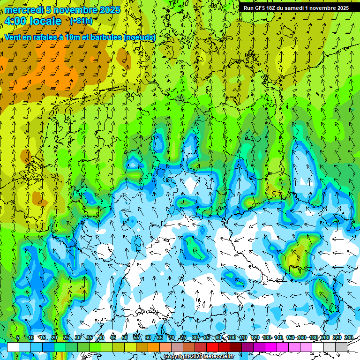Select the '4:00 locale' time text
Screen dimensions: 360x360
click(x=33, y=21)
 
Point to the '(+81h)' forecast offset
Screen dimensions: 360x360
click(x=81, y=21)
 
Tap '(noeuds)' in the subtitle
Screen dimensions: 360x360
click(x=139, y=37)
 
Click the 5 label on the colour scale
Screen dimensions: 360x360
click(x=18, y=337)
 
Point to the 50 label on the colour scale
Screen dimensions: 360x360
click(x=124, y=337)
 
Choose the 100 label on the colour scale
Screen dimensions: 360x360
click(x=231, y=337)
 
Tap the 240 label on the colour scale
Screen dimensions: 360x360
click(x=348, y=337)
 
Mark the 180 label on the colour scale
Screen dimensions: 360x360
click(x=313, y=337)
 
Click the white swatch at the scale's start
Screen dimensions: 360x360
click(x=13, y=346)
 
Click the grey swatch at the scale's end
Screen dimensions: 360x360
click(x=341, y=346)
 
